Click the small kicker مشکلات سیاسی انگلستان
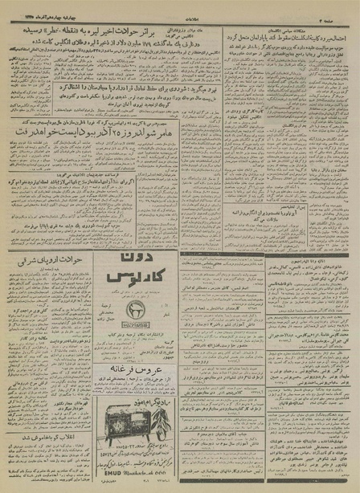pos(317,22)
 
